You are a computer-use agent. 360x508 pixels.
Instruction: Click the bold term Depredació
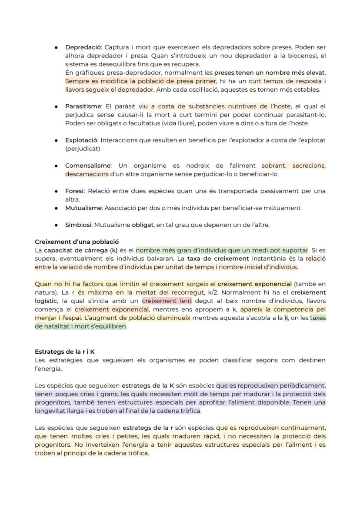(x=83, y=47)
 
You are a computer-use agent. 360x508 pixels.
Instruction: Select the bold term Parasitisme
(x=83, y=106)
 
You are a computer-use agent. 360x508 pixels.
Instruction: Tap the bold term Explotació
(x=81, y=140)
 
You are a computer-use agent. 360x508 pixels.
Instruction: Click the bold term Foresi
(x=75, y=191)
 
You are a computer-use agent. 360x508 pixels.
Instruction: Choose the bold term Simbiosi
(x=78, y=225)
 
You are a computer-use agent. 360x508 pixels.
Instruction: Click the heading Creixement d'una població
(x=77, y=242)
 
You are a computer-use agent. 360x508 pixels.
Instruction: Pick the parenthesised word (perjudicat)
(x=83, y=149)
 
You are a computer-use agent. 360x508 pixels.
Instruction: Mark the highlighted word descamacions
(x=87, y=174)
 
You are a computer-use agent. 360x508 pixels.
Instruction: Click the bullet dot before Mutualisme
(x=57, y=208)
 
